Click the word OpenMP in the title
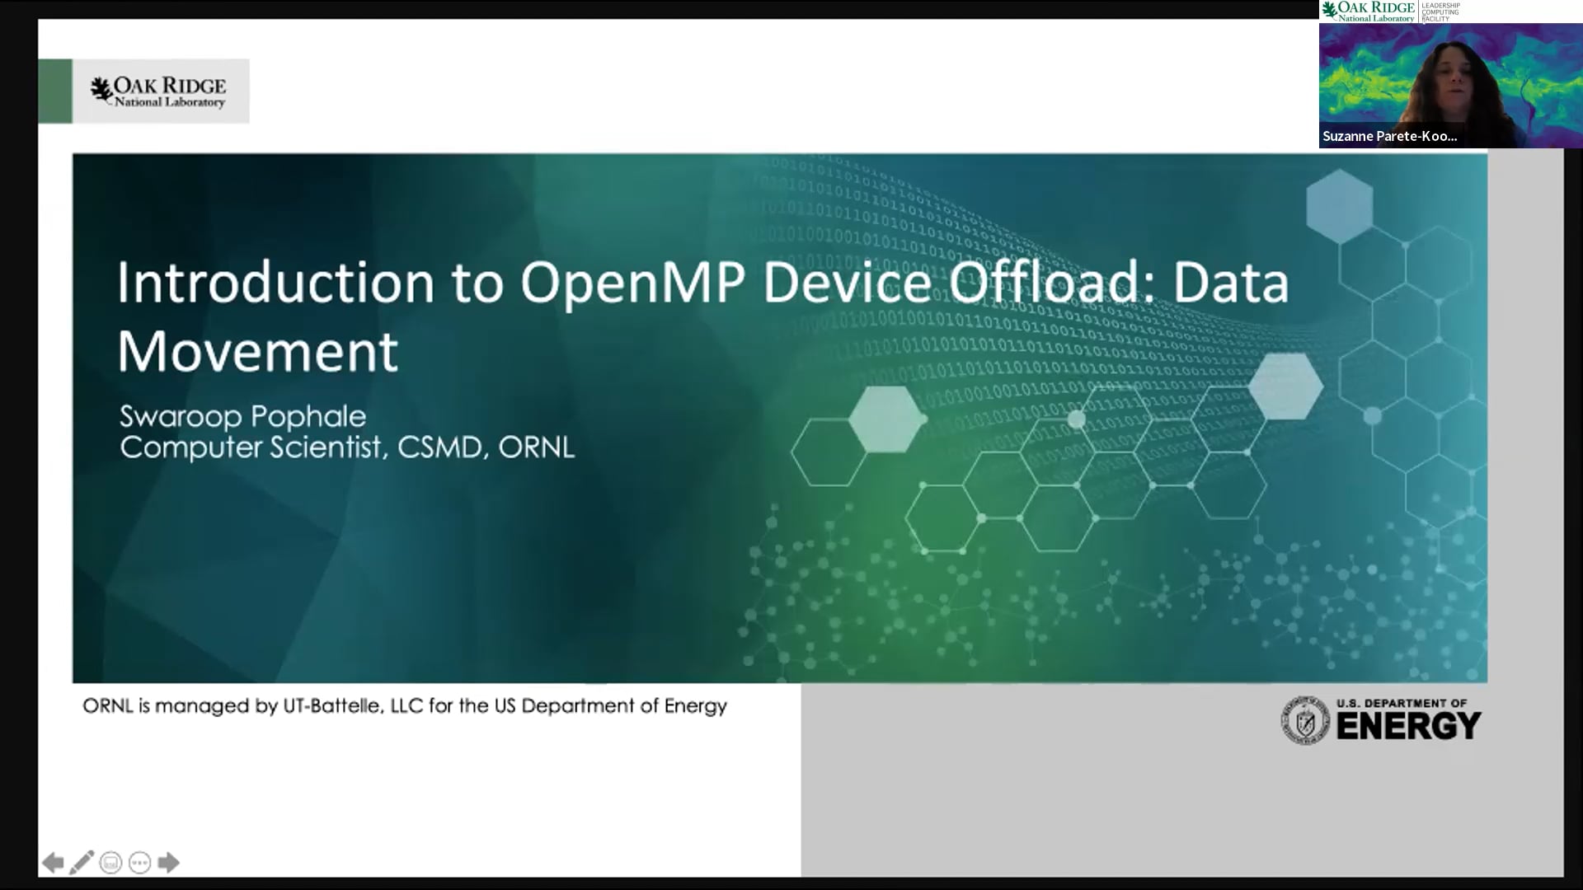(x=632, y=283)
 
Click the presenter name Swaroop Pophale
(x=242, y=416)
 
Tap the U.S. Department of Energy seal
(x=1304, y=721)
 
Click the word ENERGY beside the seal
(x=1408, y=726)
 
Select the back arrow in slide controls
(x=53, y=863)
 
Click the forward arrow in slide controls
(x=168, y=863)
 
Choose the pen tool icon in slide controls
(x=82, y=863)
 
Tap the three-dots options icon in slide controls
(x=139, y=863)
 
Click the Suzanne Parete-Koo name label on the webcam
(x=1389, y=136)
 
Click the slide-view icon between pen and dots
(x=110, y=863)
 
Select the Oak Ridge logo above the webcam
(x=1369, y=12)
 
